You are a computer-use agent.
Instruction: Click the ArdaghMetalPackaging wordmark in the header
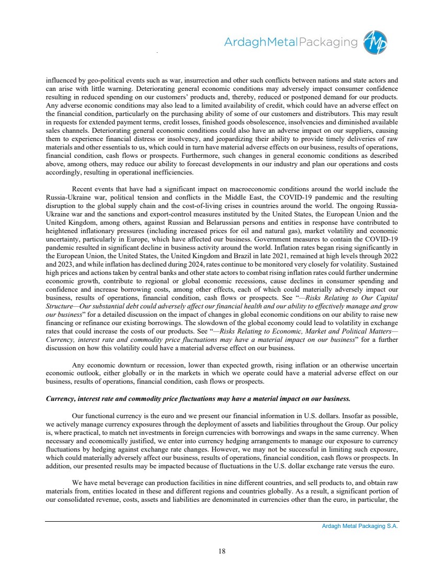[x=291, y=42]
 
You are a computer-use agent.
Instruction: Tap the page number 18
[x=222, y=549]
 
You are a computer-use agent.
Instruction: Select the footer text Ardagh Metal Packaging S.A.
[x=360, y=526]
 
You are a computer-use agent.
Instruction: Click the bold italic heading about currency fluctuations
[x=197, y=399]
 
